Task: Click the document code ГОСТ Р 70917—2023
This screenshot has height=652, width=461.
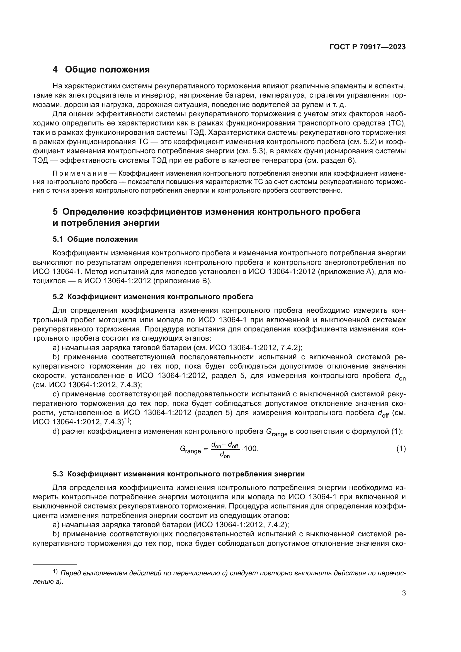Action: (x=368, y=47)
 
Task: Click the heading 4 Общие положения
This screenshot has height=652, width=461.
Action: (x=101, y=69)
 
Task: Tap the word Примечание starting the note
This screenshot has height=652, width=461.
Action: (x=80, y=173)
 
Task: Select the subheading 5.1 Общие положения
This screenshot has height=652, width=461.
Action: (x=95, y=239)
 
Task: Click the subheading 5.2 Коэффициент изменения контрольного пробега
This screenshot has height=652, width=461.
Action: (x=153, y=297)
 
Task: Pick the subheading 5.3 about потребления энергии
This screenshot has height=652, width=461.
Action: (x=179, y=474)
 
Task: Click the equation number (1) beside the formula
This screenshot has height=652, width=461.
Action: (x=401, y=449)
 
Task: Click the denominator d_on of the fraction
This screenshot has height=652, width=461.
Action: (x=225, y=455)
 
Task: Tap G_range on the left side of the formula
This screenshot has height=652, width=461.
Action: (x=190, y=450)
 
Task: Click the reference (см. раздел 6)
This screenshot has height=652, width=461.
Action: (x=330, y=161)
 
